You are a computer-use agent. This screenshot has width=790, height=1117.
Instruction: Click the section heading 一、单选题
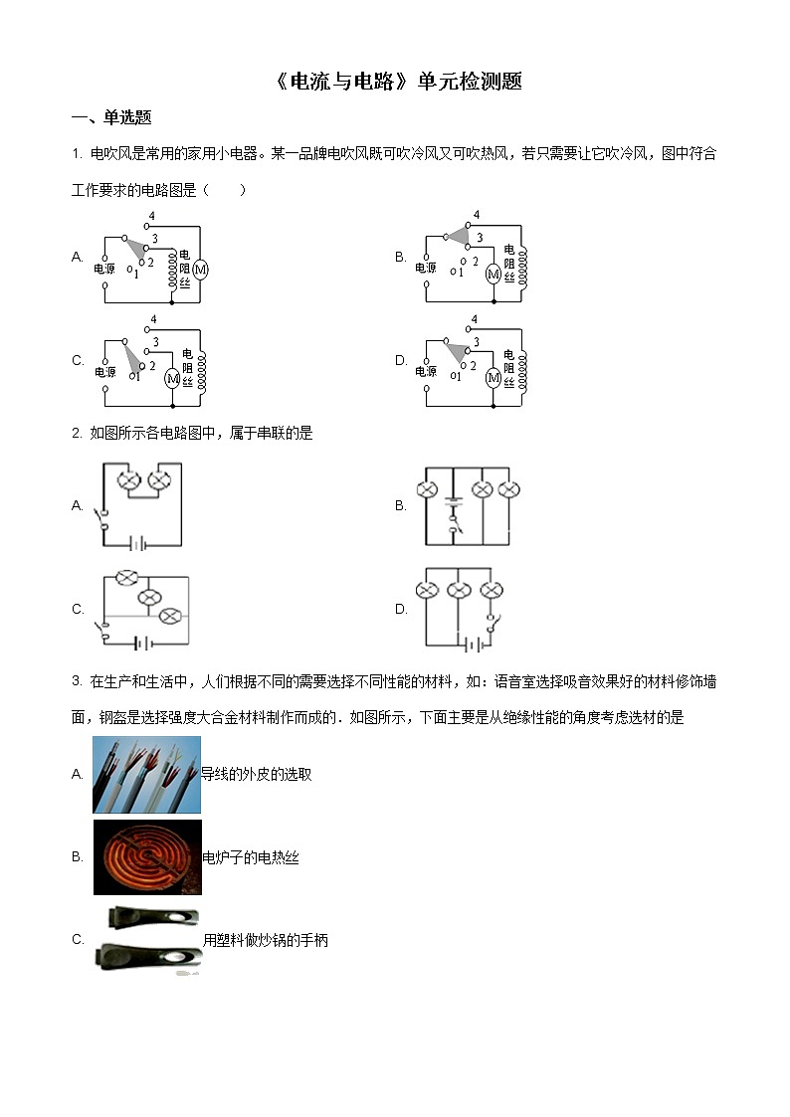pos(111,117)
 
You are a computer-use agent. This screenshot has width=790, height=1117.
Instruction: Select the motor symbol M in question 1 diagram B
pos(492,275)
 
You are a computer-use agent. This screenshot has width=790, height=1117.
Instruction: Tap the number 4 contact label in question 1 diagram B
pos(477,215)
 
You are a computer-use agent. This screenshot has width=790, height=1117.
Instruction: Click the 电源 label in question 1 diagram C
pos(105,372)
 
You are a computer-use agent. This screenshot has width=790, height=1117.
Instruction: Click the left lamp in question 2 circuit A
pos(128,482)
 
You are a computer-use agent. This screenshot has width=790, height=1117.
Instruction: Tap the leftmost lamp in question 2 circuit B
pos(427,489)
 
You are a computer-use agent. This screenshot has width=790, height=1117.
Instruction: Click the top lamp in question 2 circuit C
pos(125,577)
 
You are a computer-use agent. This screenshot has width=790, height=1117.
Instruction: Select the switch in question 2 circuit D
pos(490,623)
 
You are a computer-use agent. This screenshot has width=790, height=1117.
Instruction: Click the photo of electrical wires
pos(146,774)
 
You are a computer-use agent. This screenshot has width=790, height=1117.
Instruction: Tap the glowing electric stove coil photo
pos(147,856)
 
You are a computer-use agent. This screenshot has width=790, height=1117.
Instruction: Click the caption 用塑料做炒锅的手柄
pos(265,940)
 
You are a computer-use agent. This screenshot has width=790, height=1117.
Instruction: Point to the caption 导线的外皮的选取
pos(257,774)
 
